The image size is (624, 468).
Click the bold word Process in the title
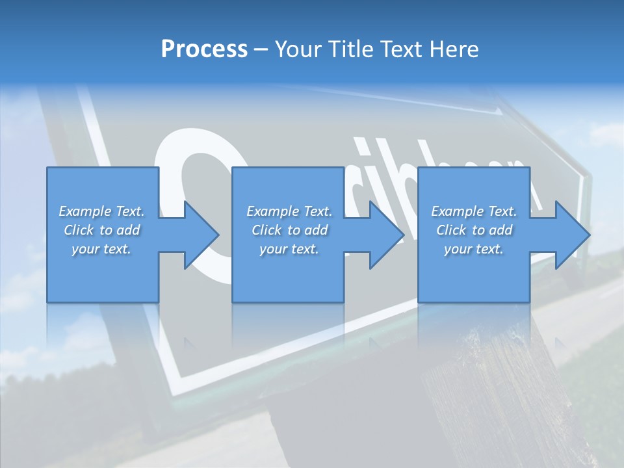[204, 49]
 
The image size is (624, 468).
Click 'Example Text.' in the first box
[101, 211]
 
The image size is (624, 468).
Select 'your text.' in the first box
[101, 249]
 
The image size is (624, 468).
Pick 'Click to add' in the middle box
[289, 230]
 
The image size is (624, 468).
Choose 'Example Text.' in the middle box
[289, 211]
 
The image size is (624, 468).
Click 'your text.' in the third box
[474, 249]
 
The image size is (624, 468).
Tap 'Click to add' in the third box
[474, 230]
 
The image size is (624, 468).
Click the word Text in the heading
[400, 49]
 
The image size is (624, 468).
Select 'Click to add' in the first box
[101, 230]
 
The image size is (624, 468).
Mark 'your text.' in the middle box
[289, 249]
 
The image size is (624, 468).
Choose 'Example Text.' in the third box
[474, 211]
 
